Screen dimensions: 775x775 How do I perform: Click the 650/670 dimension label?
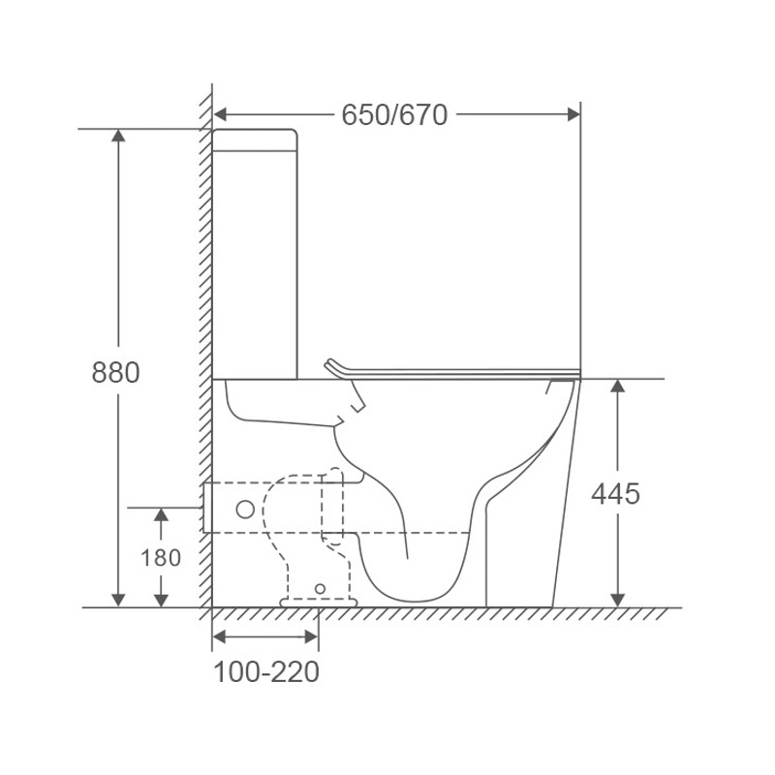[x=394, y=115]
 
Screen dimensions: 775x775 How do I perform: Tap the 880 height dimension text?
[x=115, y=372]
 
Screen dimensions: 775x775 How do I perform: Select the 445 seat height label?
[x=616, y=493]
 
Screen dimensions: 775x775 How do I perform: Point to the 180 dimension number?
[x=161, y=558]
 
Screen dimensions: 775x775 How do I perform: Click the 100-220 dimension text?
[x=266, y=671]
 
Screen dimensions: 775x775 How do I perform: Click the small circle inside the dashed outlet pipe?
[x=245, y=510]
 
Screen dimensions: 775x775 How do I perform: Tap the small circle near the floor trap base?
[x=321, y=589]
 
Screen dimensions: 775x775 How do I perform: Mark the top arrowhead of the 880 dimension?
[x=118, y=136]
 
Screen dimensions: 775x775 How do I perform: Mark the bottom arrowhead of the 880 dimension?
[x=118, y=600]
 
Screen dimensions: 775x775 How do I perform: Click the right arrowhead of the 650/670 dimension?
[x=573, y=114]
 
